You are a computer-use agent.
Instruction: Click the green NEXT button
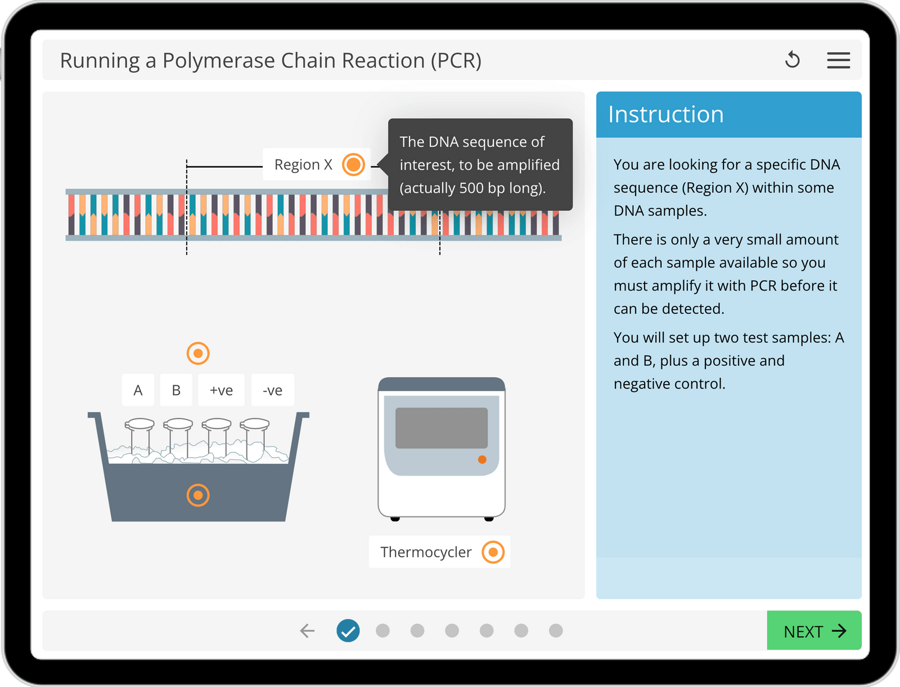tap(813, 631)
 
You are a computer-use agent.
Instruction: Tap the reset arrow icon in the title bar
tap(792, 60)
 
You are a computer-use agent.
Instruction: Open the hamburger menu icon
tap(838, 60)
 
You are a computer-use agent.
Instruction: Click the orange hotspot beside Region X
tap(353, 165)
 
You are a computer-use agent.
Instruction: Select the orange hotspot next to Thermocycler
tap(493, 552)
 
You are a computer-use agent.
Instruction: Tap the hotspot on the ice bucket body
tap(198, 495)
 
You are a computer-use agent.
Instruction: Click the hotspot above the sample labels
tap(198, 354)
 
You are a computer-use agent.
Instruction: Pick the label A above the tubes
tap(138, 390)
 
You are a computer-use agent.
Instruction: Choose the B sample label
tap(176, 390)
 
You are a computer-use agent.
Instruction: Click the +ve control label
tap(221, 390)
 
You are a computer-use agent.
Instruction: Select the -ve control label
tap(272, 390)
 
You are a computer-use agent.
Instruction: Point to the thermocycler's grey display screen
tap(442, 428)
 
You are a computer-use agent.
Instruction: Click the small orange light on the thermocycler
tap(482, 460)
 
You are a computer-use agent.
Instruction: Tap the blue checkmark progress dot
tap(348, 631)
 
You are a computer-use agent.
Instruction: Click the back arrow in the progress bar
tap(307, 631)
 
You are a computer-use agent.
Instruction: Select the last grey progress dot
tap(556, 631)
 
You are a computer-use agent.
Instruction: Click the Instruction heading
tap(666, 115)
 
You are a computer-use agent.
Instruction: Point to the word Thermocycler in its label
tap(426, 552)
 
